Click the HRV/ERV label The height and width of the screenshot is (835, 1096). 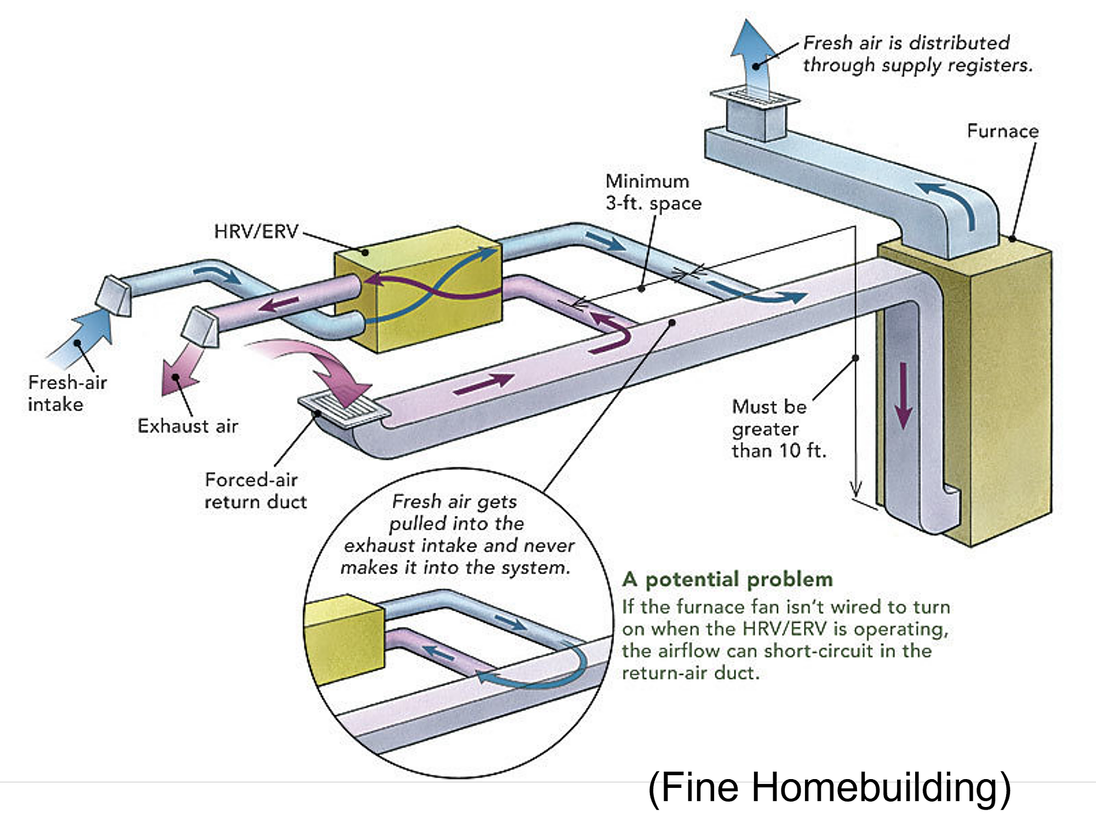click(256, 231)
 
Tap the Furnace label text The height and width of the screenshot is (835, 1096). click(1002, 131)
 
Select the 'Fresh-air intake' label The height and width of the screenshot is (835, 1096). click(67, 393)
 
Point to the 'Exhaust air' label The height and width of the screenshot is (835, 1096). click(187, 426)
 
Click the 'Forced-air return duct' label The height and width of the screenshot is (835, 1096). click(255, 491)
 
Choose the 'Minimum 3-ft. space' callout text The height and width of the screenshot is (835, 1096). click(653, 192)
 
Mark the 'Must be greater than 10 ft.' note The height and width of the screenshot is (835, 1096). click(778, 429)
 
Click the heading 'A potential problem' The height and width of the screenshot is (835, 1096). click(727, 580)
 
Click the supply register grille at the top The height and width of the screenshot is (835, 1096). click(755, 98)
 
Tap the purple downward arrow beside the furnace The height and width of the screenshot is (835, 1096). click(903, 395)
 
